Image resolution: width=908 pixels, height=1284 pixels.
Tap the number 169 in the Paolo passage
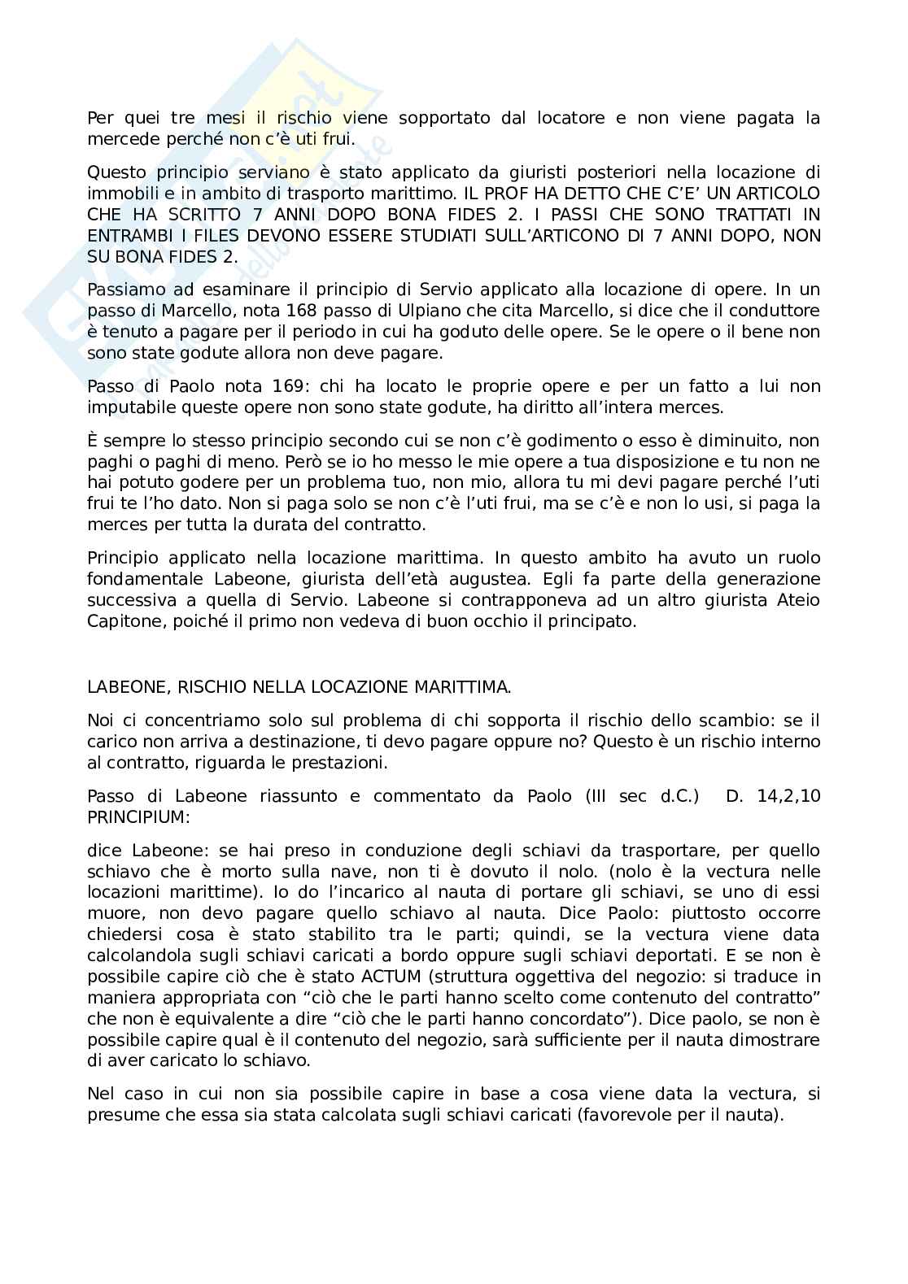(232, 386)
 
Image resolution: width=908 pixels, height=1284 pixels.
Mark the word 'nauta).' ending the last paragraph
(755, 1115)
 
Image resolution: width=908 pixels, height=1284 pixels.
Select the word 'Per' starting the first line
(101, 118)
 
